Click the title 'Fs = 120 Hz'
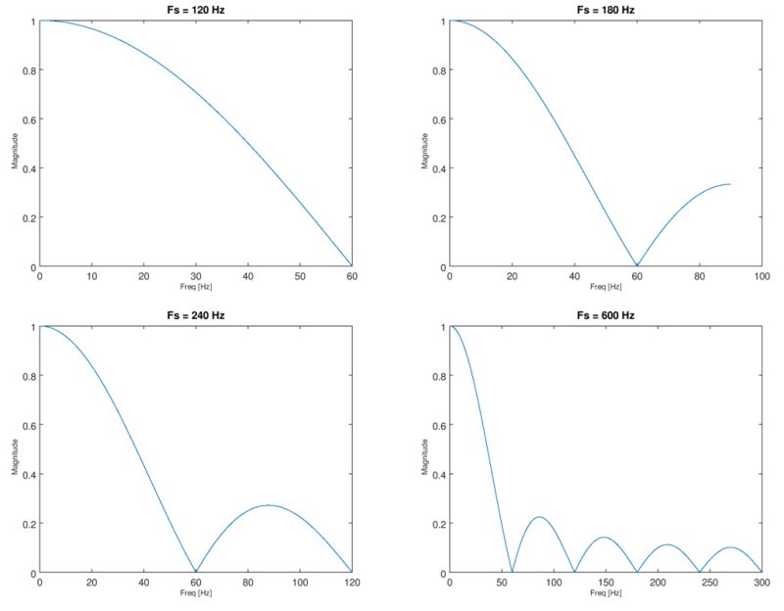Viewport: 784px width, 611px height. (x=195, y=9)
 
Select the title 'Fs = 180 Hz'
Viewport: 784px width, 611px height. (x=606, y=9)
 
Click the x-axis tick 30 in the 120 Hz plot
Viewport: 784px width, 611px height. (x=196, y=276)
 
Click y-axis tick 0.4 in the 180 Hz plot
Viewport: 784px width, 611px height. (x=440, y=168)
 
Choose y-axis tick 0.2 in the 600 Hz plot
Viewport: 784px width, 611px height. (x=440, y=524)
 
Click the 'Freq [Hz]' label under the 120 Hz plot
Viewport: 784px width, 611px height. (x=195, y=287)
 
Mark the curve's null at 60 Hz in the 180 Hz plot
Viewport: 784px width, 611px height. (x=637, y=265)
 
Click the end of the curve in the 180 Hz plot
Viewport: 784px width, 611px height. (x=730, y=184)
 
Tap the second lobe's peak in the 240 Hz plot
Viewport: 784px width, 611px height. (x=269, y=505)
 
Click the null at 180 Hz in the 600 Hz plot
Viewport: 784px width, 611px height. (x=637, y=572)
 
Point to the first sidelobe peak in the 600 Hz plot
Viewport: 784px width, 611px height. (x=539, y=517)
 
